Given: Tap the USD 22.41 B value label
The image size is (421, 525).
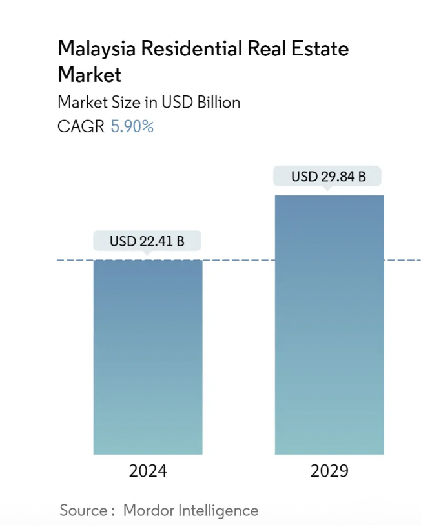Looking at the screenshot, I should pyautogui.click(x=147, y=241).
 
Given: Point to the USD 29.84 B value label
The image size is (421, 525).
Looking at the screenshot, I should pyautogui.click(x=328, y=176).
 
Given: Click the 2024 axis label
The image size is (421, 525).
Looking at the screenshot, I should pyautogui.click(x=148, y=471).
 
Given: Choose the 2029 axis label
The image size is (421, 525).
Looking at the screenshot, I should pyautogui.click(x=329, y=471).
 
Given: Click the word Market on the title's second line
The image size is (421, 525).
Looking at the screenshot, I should pyautogui.click(x=89, y=74).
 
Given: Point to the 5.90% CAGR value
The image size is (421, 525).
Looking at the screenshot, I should pyautogui.click(x=132, y=126).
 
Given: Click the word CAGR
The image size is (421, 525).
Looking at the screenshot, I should pyautogui.click(x=81, y=126).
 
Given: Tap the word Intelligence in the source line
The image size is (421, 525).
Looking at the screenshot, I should pyautogui.click(x=218, y=511).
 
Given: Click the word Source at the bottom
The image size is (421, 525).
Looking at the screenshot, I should pyautogui.click(x=83, y=511).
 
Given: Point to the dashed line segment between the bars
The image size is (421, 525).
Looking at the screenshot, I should pyautogui.click(x=238, y=260).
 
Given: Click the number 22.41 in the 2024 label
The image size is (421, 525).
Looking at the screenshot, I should pyautogui.click(x=154, y=241).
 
